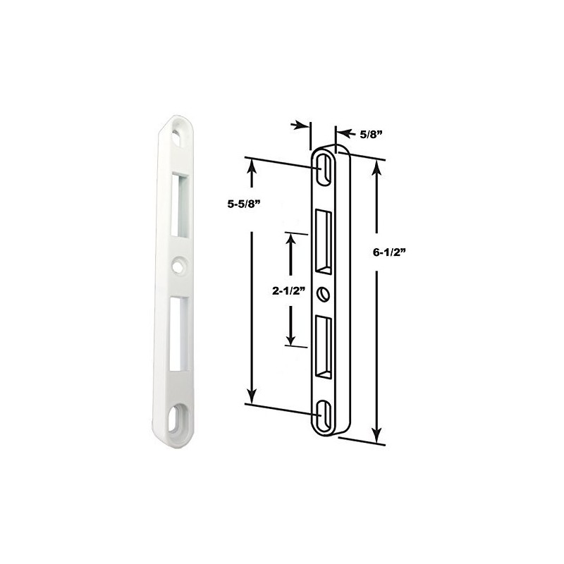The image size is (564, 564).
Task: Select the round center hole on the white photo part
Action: [176, 266]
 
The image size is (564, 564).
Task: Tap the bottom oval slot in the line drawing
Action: [324, 415]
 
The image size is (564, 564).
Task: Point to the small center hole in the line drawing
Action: [324, 293]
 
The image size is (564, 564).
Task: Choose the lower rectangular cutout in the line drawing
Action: [324, 345]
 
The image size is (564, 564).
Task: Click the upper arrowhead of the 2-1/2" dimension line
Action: [288, 240]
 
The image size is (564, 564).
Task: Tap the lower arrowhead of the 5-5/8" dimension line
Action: [251, 397]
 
